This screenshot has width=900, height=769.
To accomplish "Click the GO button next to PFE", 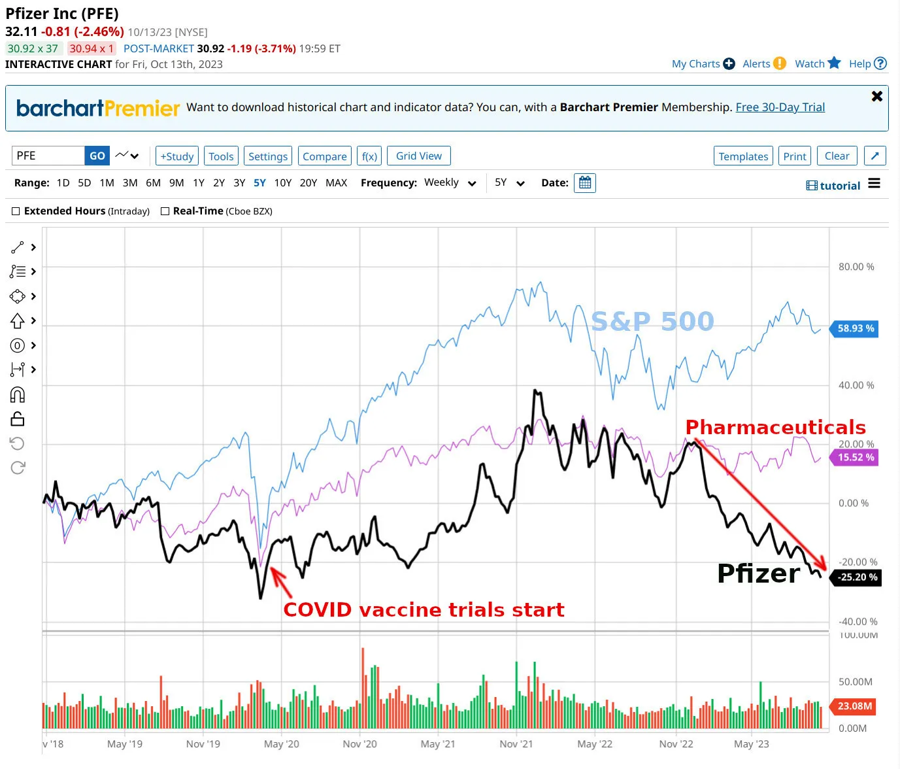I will [97, 156].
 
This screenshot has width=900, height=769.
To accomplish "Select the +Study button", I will [177, 156].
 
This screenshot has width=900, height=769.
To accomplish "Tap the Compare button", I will [324, 156].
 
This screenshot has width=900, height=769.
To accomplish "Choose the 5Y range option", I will [259, 183].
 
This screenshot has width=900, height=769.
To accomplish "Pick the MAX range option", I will [336, 183].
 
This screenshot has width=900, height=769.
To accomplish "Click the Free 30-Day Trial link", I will [780, 107].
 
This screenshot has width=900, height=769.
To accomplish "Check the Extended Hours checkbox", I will [16, 211].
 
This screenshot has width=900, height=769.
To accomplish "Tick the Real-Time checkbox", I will [165, 211].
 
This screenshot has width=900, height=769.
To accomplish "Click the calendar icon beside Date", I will [585, 183].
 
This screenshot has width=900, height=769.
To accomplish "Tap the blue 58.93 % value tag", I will [855, 328].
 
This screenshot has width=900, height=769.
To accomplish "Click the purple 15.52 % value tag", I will [855, 457].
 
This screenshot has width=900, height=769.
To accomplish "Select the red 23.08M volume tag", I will [854, 706].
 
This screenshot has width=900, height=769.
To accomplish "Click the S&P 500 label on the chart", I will [652, 321].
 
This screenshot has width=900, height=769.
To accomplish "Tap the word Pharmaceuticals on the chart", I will [775, 427].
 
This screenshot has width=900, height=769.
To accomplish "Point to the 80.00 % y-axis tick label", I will [856, 267].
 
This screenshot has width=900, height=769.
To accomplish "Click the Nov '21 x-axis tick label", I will [516, 744].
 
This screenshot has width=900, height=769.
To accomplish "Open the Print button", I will [794, 156].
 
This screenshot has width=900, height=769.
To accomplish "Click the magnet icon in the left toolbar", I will [18, 394].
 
